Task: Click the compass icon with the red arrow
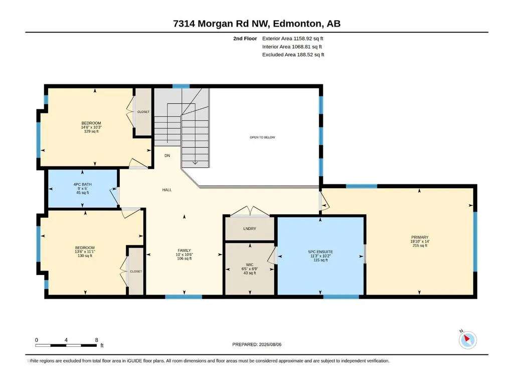click(x=467, y=340)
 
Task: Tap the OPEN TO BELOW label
click(x=262, y=137)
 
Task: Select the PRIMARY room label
click(x=420, y=237)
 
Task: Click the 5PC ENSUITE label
click(x=320, y=252)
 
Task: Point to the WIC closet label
click(x=250, y=265)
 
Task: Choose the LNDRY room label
click(x=250, y=228)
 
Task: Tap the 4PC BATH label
click(x=83, y=184)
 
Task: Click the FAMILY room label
click(x=184, y=250)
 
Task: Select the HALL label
click(x=167, y=190)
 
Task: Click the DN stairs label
click(x=167, y=156)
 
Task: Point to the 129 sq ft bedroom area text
click(x=91, y=132)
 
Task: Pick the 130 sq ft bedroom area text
click(x=85, y=255)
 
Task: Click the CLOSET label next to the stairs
click(x=143, y=112)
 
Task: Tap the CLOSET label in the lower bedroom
click(x=136, y=272)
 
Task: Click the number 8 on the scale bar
click(x=96, y=340)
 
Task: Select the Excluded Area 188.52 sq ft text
click(x=293, y=55)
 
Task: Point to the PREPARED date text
click(x=257, y=344)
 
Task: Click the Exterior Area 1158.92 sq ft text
click(x=293, y=39)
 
